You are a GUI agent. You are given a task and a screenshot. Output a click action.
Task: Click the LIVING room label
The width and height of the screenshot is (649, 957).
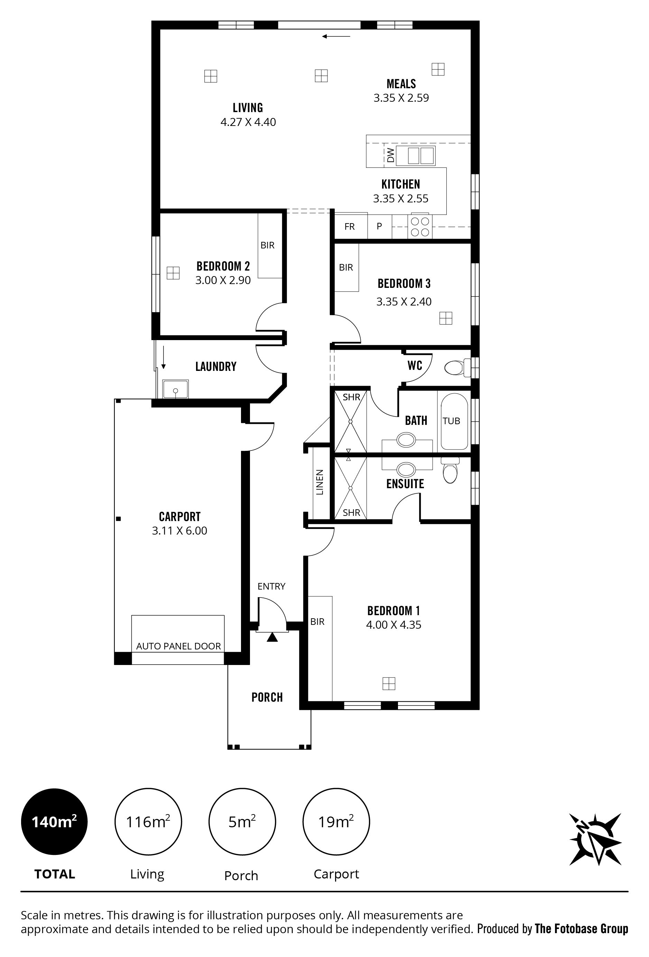click(x=248, y=108)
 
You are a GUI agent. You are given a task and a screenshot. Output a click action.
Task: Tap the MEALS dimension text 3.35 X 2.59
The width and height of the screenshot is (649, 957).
click(x=401, y=98)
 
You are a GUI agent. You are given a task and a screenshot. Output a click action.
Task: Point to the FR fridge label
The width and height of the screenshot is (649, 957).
click(x=350, y=227)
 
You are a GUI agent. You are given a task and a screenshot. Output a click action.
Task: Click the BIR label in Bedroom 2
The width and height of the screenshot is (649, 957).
click(x=268, y=245)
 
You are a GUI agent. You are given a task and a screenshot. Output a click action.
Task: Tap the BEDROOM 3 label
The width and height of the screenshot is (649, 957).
click(x=404, y=284)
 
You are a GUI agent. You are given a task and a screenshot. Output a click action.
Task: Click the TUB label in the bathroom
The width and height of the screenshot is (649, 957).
click(x=452, y=421)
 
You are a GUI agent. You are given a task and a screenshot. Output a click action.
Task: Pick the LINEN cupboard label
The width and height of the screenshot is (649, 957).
click(x=320, y=482)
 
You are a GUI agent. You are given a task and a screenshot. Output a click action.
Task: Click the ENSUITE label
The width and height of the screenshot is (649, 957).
click(x=405, y=483)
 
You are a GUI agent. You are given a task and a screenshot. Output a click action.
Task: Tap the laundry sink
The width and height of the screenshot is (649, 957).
click(x=176, y=389)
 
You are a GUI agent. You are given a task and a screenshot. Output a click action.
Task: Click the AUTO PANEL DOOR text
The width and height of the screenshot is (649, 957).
click(x=179, y=646)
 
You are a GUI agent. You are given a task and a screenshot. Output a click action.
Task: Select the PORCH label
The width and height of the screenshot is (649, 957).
click(x=267, y=698)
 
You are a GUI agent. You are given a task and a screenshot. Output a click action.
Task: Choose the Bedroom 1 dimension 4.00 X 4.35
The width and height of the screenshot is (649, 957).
click(x=394, y=625)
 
